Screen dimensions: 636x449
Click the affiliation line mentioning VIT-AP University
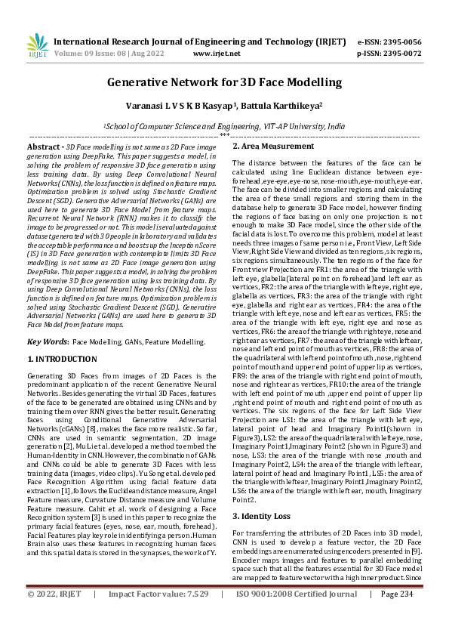(224, 128)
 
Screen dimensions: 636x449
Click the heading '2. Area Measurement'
(272, 146)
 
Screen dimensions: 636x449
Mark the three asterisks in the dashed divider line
(224, 136)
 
